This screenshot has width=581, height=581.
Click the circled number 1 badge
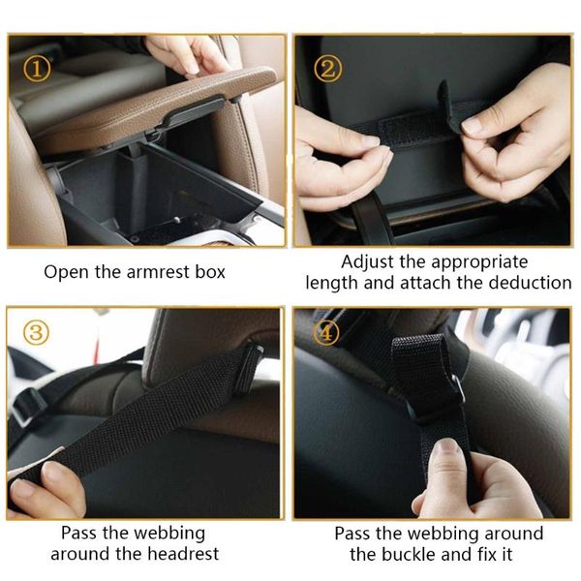36,69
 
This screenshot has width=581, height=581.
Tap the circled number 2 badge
328,69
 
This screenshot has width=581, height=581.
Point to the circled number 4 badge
327,333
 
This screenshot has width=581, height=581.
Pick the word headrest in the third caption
182,554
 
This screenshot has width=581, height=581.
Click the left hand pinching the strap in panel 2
339,155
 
